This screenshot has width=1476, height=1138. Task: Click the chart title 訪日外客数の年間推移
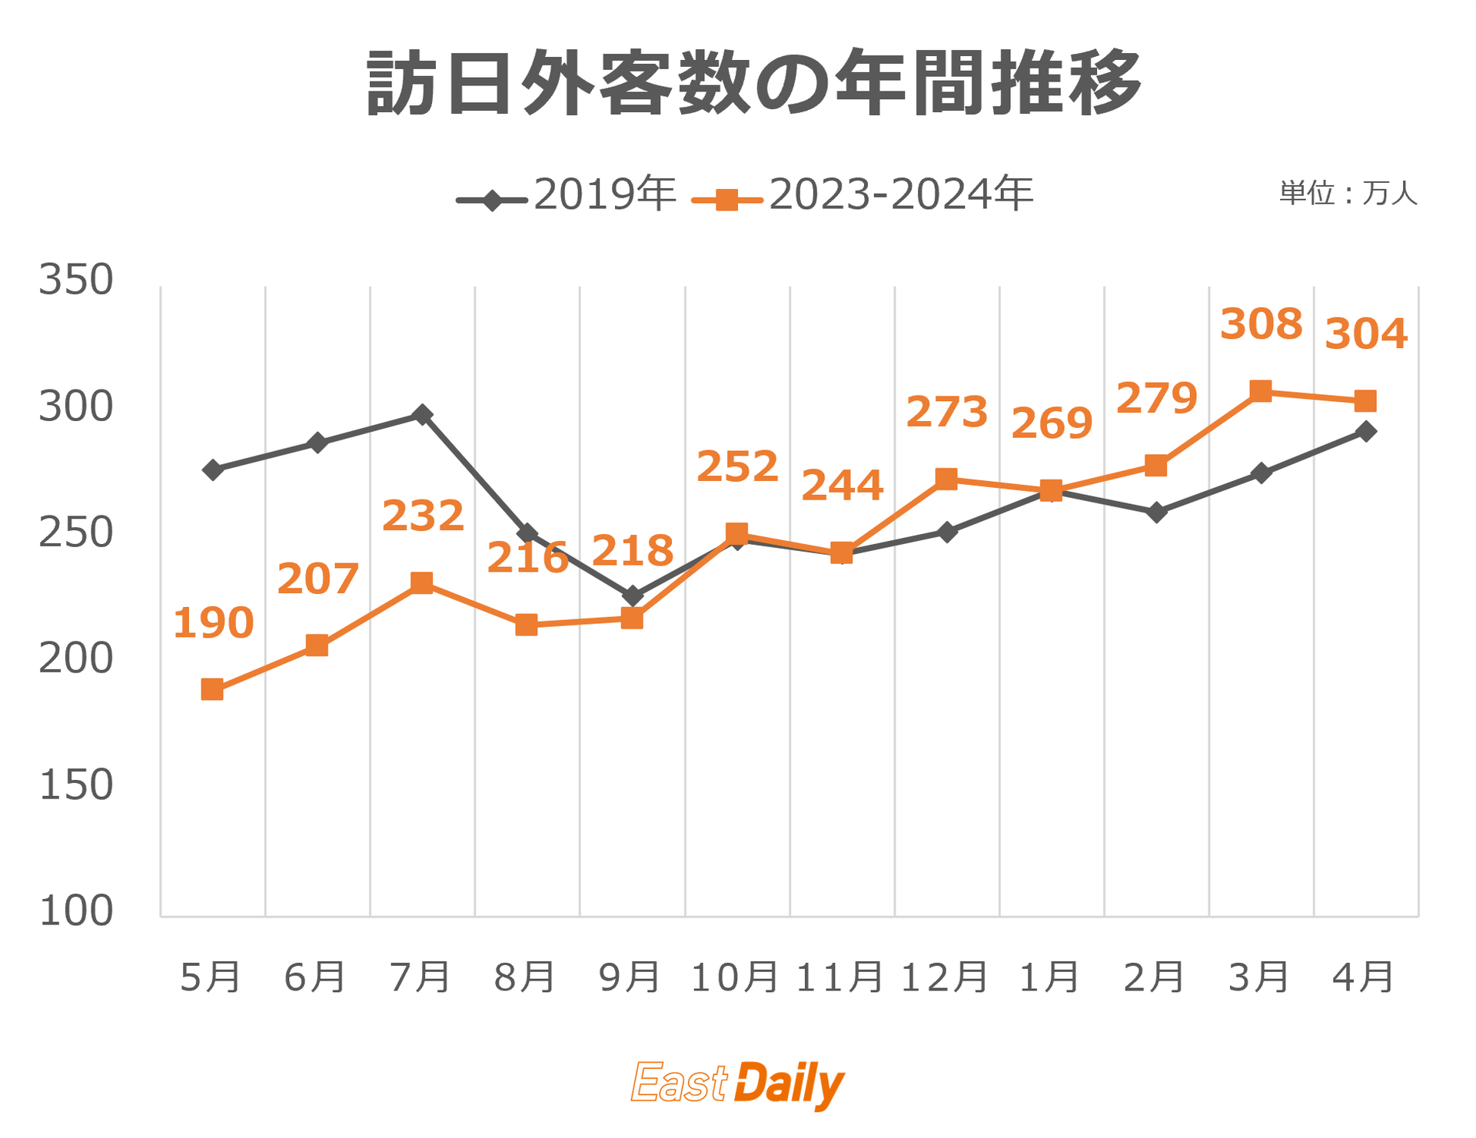pos(753,83)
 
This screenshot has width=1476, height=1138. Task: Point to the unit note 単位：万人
pos(1348,194)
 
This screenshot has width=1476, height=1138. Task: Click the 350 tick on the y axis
pos(75,280)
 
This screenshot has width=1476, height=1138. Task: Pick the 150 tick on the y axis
pos(75,785)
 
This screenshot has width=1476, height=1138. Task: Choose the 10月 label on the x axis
pos(735,977)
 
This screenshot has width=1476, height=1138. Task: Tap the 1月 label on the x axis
pos(1050,977)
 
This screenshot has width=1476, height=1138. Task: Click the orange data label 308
pos(1261,324)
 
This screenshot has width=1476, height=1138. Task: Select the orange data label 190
pos(213,623)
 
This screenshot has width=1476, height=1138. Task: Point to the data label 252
pos(737,467)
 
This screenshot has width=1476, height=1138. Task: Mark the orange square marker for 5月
pos(212,689)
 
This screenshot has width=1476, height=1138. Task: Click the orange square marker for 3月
pos(1261,391)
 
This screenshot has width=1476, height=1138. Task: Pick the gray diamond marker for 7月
pos(422,415)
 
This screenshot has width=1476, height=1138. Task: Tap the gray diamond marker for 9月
pos(632,596)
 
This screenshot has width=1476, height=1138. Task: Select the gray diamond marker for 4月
pos(1365,431)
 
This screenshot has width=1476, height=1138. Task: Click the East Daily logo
pos(737,1083)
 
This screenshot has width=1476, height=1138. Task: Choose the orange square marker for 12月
pos(946,479)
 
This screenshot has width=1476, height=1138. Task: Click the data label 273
pos(946,413)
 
